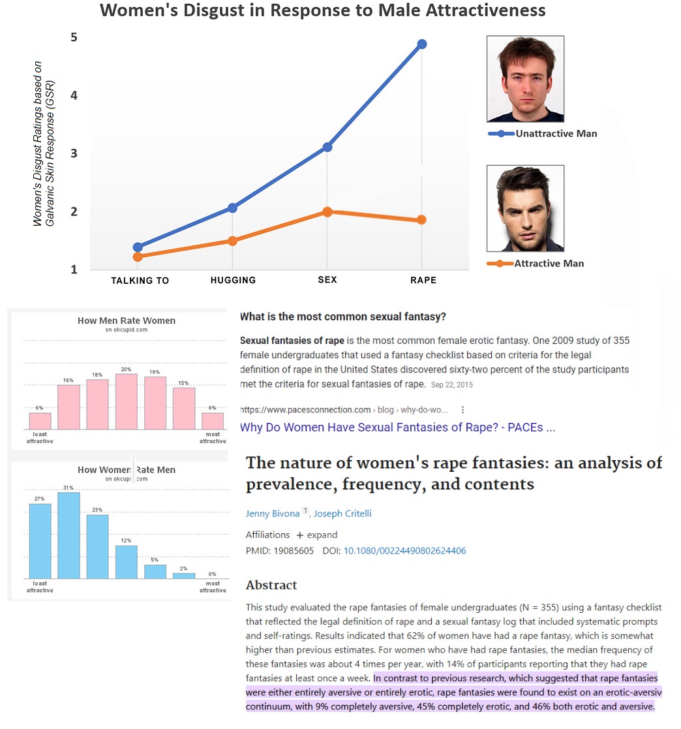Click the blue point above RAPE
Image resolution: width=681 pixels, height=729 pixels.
[422, 44]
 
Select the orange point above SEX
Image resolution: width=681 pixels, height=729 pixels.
[327, 211]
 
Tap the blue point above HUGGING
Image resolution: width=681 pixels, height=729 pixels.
[233, 208]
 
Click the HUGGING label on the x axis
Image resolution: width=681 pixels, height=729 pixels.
[233, 280]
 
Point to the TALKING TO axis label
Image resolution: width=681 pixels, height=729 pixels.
[140, 281]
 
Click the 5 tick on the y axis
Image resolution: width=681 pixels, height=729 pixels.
[74, 37]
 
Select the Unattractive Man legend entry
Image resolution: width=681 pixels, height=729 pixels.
[555, 134]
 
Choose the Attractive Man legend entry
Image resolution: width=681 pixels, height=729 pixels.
[549, 264]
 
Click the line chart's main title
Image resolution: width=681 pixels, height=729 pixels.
[322, 11]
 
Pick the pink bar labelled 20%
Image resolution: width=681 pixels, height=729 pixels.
[126, 401]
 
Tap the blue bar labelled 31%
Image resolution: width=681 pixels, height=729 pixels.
[68, 535]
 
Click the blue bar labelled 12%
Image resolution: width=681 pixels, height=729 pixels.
[126, 562]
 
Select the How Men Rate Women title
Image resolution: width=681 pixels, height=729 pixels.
[126, 320]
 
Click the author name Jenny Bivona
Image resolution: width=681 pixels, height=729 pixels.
[273, 514]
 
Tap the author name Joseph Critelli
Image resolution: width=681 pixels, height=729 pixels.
[342, 514]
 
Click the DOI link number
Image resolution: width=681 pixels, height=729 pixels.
[404, 551]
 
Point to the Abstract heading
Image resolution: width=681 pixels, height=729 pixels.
[271, 585]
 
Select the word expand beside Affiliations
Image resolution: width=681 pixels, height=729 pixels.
[322, 535]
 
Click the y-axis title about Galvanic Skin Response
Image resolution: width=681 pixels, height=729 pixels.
[45, 144]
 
